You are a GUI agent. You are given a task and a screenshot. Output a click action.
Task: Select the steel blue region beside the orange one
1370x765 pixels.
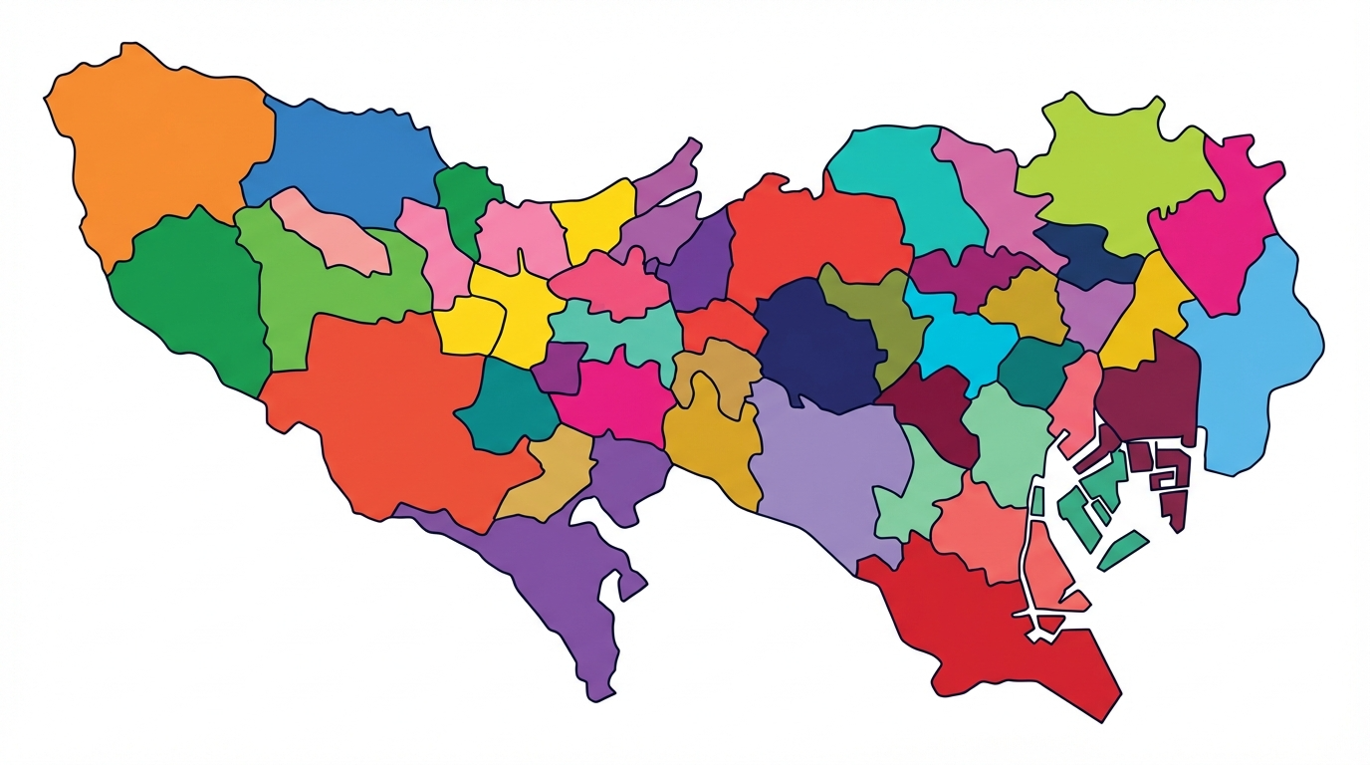pyautogui.click(x=343, y=159)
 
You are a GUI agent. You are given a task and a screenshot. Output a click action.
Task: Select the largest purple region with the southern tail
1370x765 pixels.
pyautogui.click(x=558, y=568)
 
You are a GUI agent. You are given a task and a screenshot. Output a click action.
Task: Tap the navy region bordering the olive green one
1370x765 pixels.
pyautogui.click(x=811, y=344)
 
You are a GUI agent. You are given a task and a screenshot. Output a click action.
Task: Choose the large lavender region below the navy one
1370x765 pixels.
pyautogui.click(x=826, y=458)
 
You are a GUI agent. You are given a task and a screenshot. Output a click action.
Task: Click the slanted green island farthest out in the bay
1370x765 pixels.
pyautogui.click(x=1123, y=549)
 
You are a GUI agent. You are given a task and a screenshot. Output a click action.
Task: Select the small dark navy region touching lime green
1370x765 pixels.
pyautogui.click(x=1085, y=254)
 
